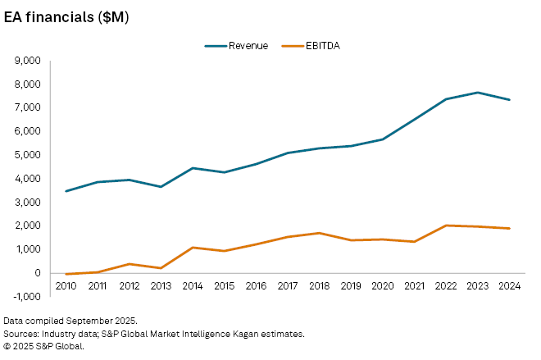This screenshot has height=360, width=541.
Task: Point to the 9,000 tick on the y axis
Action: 28,61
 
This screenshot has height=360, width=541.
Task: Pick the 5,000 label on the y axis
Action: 28,155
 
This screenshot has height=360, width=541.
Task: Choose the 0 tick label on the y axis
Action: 37,273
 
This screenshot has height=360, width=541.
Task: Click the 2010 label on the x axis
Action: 66,285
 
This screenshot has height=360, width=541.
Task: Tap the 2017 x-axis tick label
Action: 288,285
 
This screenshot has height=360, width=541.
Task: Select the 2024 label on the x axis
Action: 509,285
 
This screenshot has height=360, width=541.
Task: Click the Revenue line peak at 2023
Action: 478,93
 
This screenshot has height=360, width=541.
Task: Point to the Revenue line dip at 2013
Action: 161,187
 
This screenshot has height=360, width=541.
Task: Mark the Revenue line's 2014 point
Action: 193,168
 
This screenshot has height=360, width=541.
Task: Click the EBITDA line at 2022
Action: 446,226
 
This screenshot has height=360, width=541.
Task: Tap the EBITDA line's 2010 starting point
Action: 66,274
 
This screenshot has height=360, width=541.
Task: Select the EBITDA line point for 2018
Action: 320,233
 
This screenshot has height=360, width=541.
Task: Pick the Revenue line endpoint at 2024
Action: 509,100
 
